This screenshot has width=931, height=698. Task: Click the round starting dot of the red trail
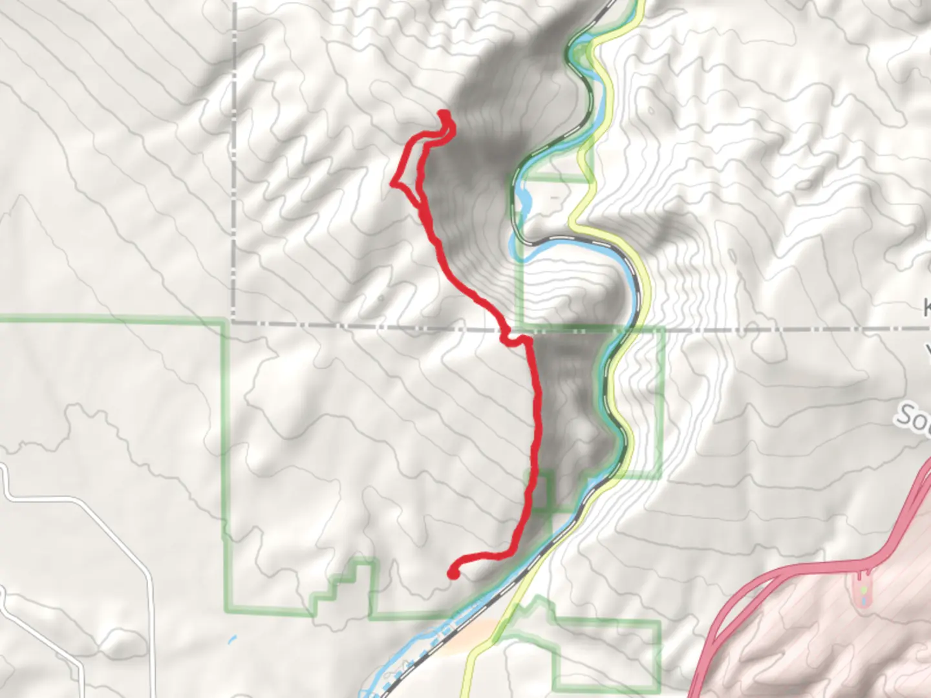(x=453, y=573)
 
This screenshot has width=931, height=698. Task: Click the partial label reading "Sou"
(x=913, y=419)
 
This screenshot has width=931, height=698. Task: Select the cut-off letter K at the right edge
(x=926, y=307)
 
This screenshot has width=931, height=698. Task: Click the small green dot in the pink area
(x=865, y=590)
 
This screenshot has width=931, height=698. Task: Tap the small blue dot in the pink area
(x=865, y=602)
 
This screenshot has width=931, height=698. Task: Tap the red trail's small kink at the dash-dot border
(x=511, y=337)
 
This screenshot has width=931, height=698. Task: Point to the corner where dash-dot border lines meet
(x=234, y=321)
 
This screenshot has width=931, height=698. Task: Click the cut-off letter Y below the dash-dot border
(x=927, y=352)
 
